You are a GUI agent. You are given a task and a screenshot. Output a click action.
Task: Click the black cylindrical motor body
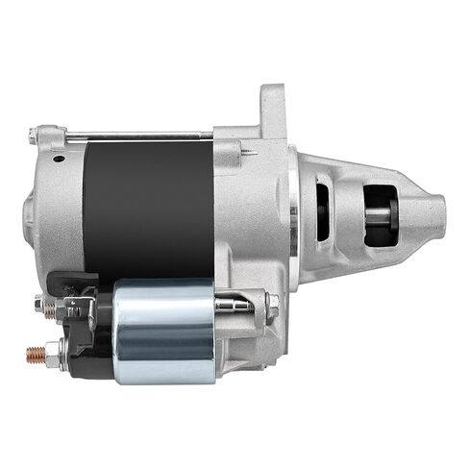pos(149,207)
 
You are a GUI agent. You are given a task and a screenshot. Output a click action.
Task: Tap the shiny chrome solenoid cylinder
pos(163,332)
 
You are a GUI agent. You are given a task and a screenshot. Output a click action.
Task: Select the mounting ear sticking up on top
pos(272,108)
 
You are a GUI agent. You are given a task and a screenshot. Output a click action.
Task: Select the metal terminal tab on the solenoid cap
pos(77,308)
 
